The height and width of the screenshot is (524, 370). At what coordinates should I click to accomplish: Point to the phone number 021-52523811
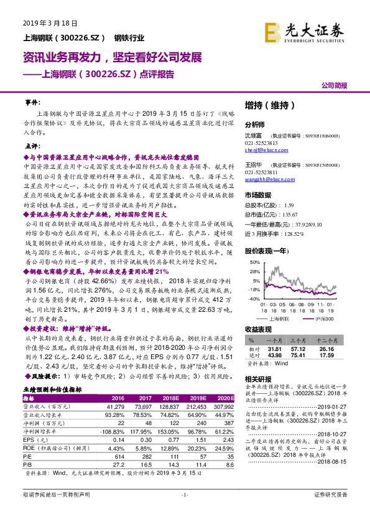pyautogui.click(x=244, y=172)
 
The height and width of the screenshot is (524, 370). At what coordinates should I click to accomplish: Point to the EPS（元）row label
pyautogui.click(x=38, y=439)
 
